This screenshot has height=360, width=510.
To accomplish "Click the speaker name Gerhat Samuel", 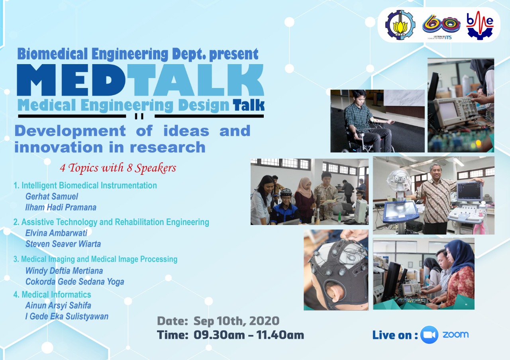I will pyautogui.click(x=52, y=197).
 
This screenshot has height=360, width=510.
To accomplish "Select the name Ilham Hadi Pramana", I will pyautogui.click(x=61, y=207).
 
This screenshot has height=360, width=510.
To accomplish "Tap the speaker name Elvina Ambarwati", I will pyautogui.click(x=56, y=233).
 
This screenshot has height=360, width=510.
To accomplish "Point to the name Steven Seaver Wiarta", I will pyautogui.click(x=63, y=244).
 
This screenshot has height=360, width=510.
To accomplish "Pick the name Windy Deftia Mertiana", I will pyautogui.click(x=64, y=271).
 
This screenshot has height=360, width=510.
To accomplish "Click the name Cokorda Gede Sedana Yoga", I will pyautogui.click(x=75, y=282).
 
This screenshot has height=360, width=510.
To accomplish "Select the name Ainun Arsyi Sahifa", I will pyautogui.click(x=58, y=306).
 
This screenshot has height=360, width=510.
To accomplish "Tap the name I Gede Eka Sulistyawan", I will pyautogui.click(x=67, y=317).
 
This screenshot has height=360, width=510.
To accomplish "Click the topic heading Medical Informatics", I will pyautogui.click(x=56, y=295).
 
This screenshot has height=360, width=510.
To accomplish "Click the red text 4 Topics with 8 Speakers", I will pyautogui.click(x=118, y=168).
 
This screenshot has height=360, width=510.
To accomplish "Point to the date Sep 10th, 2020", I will pyautogui.click(x=236, y=321).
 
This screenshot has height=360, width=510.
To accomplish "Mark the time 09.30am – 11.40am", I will pyautogui.click(x=249, y=335).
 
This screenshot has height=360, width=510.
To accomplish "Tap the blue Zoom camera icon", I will pyautogui.click(x=429, y=335).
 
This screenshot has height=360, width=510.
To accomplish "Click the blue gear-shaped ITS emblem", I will pyautogui.click(x=400, y=25).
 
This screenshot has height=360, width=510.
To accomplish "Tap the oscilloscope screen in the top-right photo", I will pyautogui.click(x=447, y=110).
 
